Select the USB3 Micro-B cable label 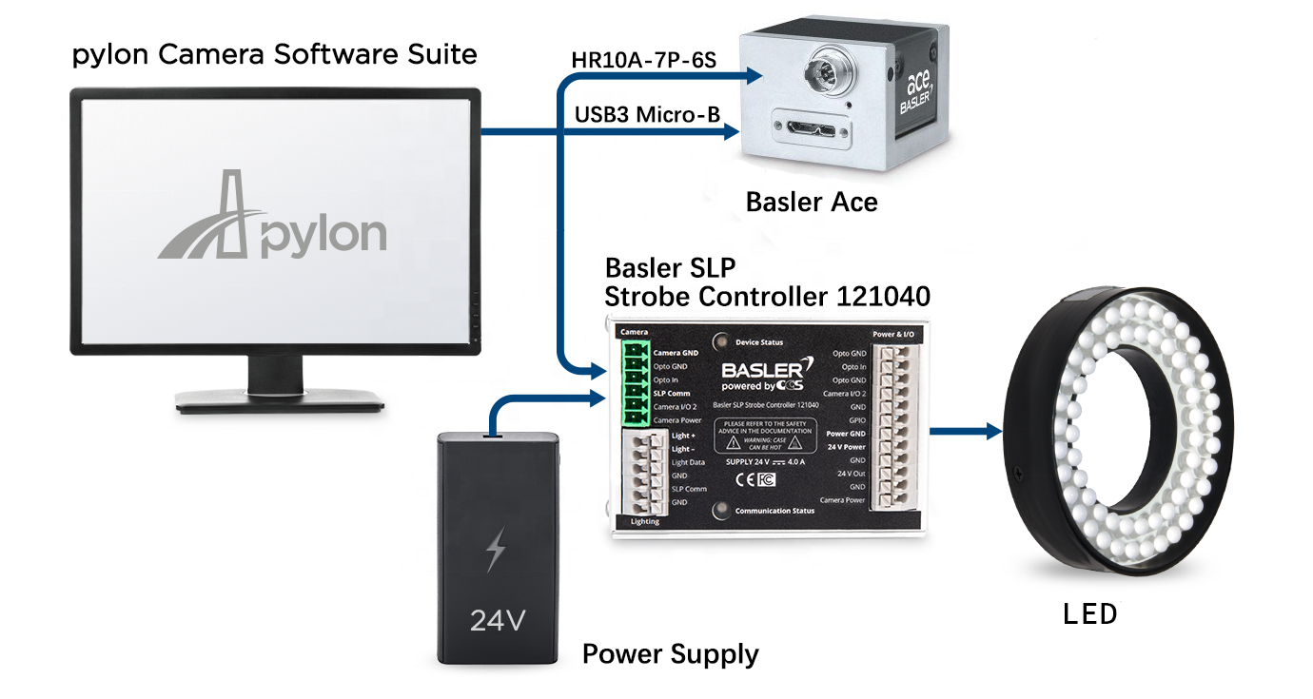[645, 115]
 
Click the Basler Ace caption [811, 202]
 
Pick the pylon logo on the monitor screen [272, 218]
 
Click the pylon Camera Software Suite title [274, 54]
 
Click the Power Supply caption [670, 654]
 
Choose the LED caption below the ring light [1089, 614]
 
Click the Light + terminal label [683, 436]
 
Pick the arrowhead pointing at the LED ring [994, 432]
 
